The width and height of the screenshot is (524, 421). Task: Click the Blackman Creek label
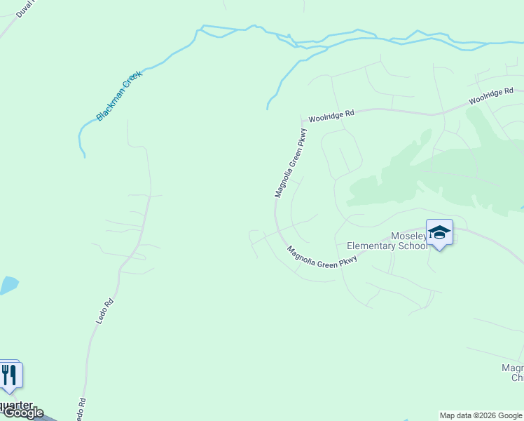point(120,95)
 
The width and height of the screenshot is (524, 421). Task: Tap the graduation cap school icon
point(439,232)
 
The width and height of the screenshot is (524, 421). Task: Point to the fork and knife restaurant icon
point(9,375)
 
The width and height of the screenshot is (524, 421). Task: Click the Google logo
point(22,413)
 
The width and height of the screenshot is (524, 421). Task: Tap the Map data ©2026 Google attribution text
point(481,415)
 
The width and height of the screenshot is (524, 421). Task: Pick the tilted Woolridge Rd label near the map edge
point(491,95)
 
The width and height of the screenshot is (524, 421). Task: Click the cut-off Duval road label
point(25,9)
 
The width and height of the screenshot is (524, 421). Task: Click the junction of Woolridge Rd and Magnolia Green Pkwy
point(302,120)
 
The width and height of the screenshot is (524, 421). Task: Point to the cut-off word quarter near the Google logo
point(17,405)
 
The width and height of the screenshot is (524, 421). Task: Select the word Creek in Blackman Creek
point(132,83)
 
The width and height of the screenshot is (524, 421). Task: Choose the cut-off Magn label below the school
point(512,368)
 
